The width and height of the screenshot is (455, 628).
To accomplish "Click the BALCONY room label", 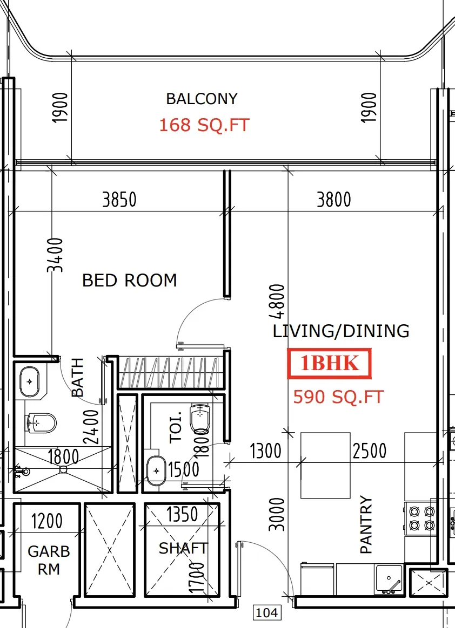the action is tap(202, 99).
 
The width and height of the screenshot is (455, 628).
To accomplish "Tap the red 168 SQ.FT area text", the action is tap(204, 125).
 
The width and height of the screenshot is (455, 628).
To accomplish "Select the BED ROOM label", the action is tap(130, 281).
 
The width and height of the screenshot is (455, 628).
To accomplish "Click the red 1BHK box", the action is tap(330, 363).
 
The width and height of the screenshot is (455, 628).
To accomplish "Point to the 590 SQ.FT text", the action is tap(339, 397).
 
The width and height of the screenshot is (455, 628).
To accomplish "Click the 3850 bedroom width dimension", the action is tap(119, 200).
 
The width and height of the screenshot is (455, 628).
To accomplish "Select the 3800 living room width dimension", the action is tap(334, 200).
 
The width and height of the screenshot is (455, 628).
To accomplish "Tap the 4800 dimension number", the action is tap(277, 301).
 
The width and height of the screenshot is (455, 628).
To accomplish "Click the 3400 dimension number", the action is tap(55, 255).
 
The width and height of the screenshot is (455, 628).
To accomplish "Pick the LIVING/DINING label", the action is tap(341, 331).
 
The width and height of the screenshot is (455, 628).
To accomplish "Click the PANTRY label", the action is tap(366, 524).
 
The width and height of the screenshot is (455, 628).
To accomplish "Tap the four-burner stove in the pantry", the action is tap(421, 518).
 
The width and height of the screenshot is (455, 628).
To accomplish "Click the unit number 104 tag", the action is tap(267, 612).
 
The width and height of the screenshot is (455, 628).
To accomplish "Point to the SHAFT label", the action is tap(183, 548).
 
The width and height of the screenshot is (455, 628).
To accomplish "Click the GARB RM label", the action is tap(49, 560).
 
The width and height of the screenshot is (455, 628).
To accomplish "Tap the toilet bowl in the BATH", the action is tap(41, 423).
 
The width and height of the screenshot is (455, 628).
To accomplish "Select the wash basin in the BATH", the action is tap(30, 381).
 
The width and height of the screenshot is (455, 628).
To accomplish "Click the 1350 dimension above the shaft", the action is tap(182, 514).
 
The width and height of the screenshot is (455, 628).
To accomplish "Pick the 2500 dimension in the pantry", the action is tap(370, 451).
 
